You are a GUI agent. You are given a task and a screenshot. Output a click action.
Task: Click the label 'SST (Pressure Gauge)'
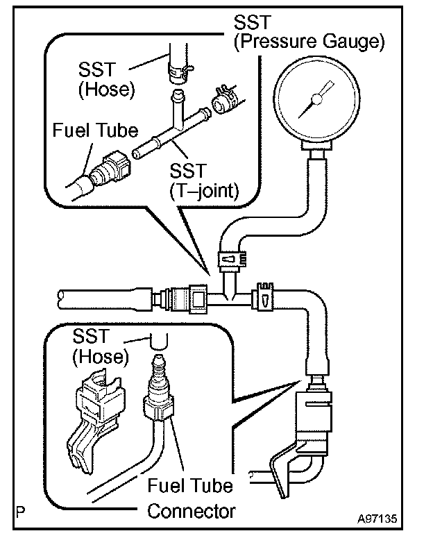click(308, 32)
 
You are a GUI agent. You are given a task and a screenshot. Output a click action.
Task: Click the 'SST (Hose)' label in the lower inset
click(101, 347)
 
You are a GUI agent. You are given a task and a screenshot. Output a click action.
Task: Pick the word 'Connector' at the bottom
click(191, 512)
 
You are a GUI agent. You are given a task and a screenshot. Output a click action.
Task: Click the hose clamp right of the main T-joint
click(266, 297)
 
